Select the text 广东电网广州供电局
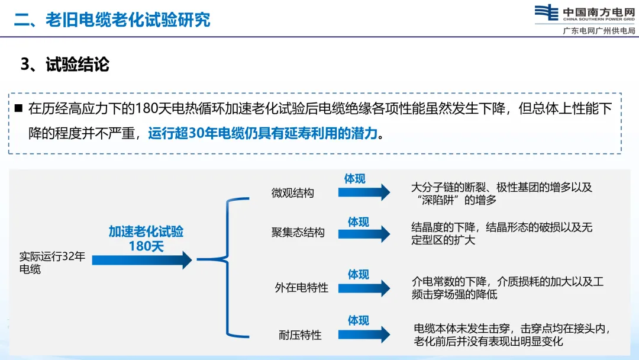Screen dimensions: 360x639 599,31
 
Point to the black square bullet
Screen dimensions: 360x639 18,108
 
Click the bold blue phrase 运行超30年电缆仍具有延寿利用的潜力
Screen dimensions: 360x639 262,133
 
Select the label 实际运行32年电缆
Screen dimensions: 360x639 52,263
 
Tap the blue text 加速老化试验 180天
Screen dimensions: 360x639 146,239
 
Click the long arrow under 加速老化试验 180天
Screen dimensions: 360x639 142,260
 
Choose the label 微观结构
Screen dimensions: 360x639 293,193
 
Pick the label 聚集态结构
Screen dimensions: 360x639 298,233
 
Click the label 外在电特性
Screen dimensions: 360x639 301,288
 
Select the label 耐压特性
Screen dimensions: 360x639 300,335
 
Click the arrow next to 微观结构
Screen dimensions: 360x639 367,192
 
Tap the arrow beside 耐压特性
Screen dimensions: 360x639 367,334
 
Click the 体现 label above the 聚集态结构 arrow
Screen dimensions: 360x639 358,222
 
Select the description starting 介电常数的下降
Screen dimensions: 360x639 507,287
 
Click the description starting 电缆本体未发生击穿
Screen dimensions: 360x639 511,335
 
